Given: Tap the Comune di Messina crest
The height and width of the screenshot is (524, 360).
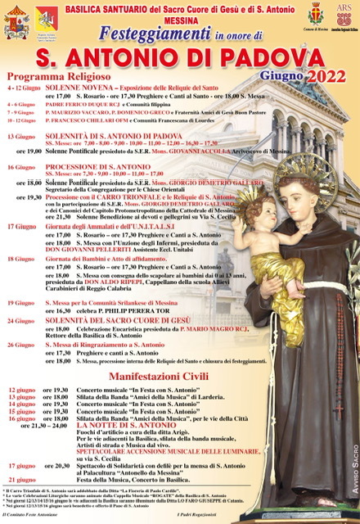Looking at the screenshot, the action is coord(314,14).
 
